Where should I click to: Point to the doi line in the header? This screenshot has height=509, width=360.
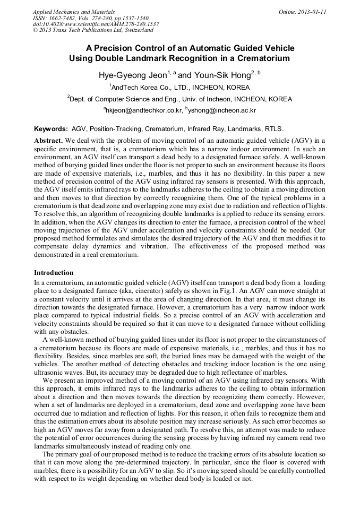pyautogui.click(x=96, y=24)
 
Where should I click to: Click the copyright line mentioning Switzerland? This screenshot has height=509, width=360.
pyautogui.click(x=93, y=31)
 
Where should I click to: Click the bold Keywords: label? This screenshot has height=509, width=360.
pyautogui.click(x=51, y=129)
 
